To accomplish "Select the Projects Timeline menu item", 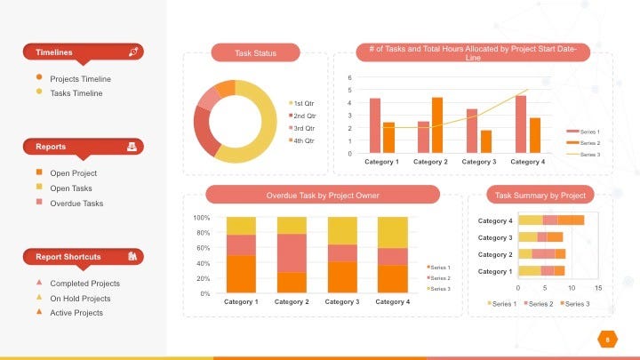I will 81,78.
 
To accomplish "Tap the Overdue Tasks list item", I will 76,204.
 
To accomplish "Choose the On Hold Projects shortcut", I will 80,299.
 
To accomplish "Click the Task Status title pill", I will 255,53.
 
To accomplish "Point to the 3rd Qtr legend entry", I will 304,129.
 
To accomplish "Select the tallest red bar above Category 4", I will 521,124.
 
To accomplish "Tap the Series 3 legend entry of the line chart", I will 589,155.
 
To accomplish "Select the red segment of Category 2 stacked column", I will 291,252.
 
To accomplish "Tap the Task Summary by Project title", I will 540,196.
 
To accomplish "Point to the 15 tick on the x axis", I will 598,288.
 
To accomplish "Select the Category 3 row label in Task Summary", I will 495,237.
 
